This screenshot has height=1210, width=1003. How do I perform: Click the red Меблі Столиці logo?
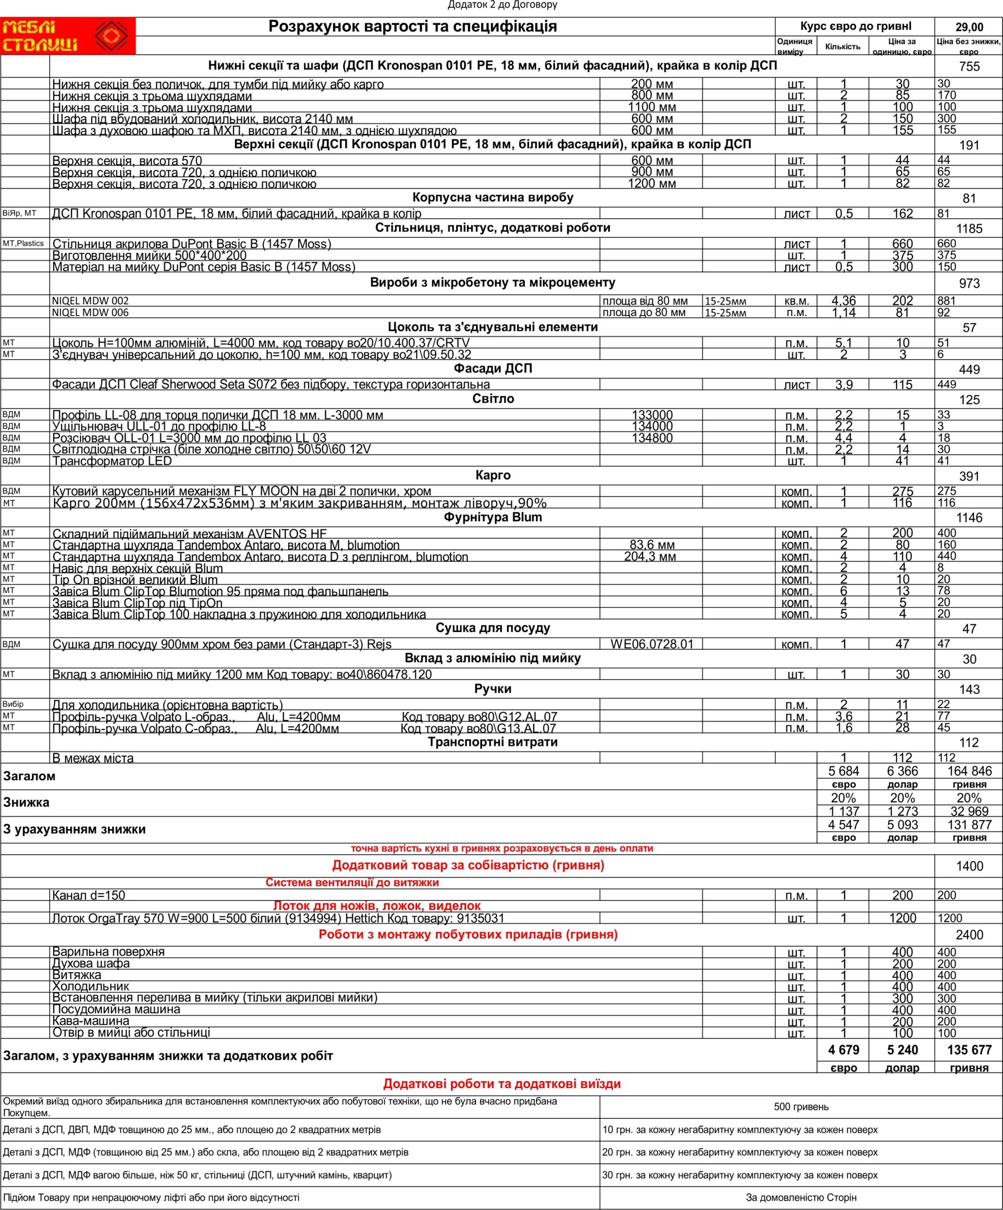(x=68, y=36)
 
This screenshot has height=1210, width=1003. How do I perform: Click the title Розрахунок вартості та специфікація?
(x=412, y=26)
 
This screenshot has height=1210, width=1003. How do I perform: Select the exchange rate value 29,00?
(x=969, y=27)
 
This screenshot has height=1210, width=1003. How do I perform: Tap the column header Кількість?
(x=842, y=47)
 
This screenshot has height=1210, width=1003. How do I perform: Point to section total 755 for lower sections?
(x=969, y=67)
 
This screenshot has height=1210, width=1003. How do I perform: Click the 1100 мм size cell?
(x=651, y=107)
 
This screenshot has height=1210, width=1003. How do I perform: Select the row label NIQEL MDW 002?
(x=90, y=301)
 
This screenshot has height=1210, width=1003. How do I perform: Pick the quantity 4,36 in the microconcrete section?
(x=843, y=301)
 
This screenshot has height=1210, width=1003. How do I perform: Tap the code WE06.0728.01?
(x=652, y=644)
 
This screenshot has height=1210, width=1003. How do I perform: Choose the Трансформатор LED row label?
(x=112, y=461)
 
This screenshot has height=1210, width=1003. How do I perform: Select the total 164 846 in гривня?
(x=969, y=771)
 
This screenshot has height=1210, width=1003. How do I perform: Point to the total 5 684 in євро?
(x=843, y=771)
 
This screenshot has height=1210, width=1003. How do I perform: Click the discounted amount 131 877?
(x=969, y=824)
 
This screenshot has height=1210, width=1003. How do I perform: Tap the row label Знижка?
(x=26, y=803)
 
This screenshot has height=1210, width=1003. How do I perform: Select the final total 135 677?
(x=969, y=1050)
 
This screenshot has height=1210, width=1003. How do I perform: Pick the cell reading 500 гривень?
(x=801, y=1107)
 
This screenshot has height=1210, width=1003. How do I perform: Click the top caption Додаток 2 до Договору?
(x=502, y=5)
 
